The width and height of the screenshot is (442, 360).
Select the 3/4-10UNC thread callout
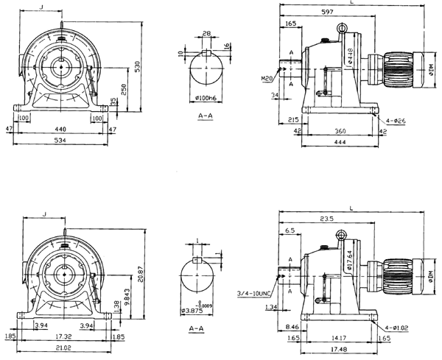(x=254, y=293)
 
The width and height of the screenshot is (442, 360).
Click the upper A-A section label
(x=206, y=116)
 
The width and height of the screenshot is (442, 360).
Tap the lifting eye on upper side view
(x=342, y=27)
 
